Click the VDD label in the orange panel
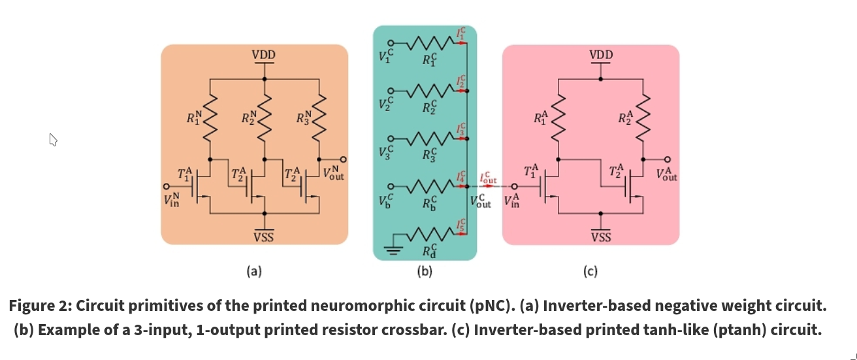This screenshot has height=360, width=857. [x=264, y=56]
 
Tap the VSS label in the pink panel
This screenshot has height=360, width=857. [x=601, y=237]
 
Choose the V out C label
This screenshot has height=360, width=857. [x=481, y=201]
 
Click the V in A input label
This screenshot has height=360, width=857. [x=511, y=201]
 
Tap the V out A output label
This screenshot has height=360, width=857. [x=668, y=174]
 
